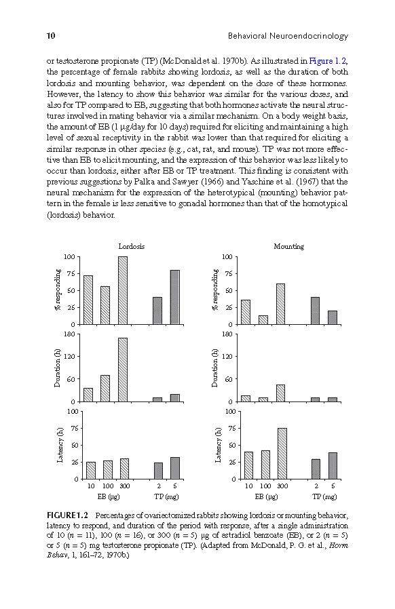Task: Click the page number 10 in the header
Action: coord(51,36)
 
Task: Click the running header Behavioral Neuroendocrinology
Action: coord(288,36)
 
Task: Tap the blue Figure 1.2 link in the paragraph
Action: coord(327,61)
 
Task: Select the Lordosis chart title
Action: coord(132,246)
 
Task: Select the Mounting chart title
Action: coord(289,246)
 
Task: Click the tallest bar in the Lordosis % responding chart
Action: coord(122,290)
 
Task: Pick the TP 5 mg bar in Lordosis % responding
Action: coord(175,297)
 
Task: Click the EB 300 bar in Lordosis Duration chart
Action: coord(122,370)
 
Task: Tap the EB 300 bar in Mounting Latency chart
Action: coord(282,453)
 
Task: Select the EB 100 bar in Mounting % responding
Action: coord(263,319)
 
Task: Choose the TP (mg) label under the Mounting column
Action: coord(325,496)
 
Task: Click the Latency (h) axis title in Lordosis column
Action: coord(60,445)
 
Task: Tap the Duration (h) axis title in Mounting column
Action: coord(215,368)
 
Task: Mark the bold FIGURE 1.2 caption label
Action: coord(67,516)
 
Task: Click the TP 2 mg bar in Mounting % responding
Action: coord(316,311)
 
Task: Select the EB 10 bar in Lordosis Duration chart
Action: coord(88,395)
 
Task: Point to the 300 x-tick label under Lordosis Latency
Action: coord(125,486)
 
